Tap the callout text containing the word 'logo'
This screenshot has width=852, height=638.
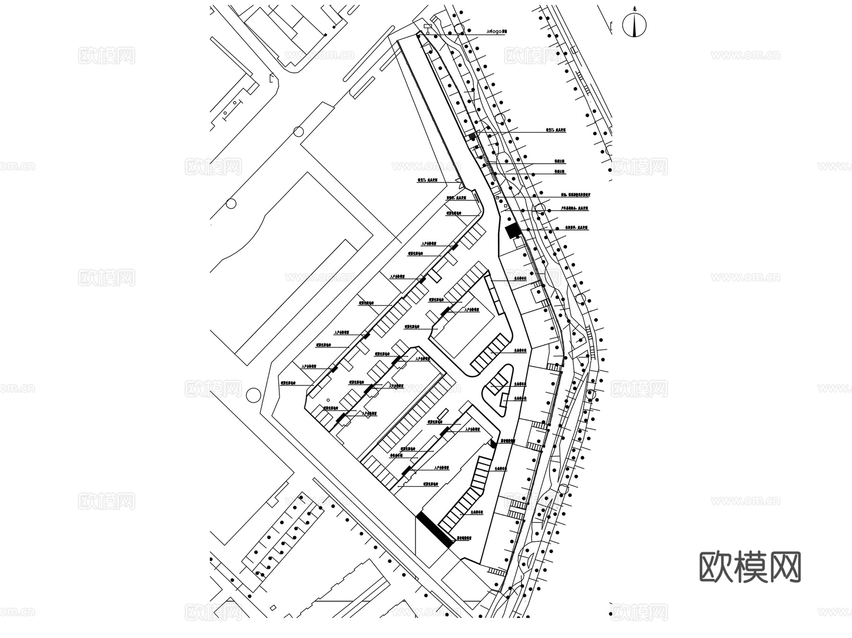coord(497,32)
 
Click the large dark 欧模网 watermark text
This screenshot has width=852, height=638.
coord(750,566)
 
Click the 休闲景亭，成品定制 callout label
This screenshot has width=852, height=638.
coord(577,227)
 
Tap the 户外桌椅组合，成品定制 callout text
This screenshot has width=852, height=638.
coord(575,208)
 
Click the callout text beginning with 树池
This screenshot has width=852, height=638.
coord(576,195)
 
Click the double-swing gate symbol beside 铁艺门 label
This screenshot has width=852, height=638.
coord(458,180)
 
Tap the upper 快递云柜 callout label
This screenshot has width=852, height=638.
coord(559,162)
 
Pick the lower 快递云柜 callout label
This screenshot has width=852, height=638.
coord(559,171)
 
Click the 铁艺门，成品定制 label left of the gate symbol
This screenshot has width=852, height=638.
coord(427,180)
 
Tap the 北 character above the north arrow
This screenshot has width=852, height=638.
coord(634,9)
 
